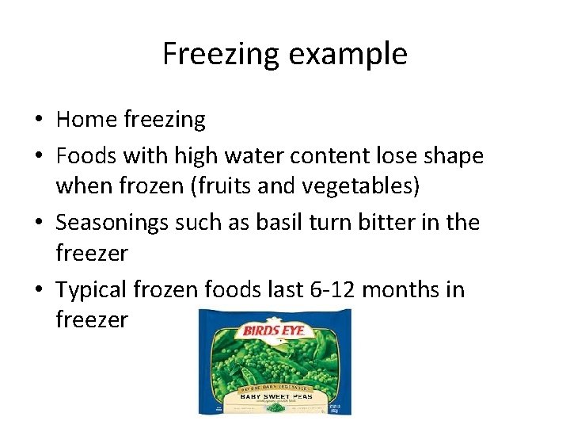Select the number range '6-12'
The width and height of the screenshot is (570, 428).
333,290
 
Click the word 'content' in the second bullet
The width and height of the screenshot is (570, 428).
344,155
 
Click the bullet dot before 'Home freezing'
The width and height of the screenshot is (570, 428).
38,120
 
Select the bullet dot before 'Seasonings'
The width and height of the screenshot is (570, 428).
38,224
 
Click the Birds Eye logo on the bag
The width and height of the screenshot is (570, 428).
275,330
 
